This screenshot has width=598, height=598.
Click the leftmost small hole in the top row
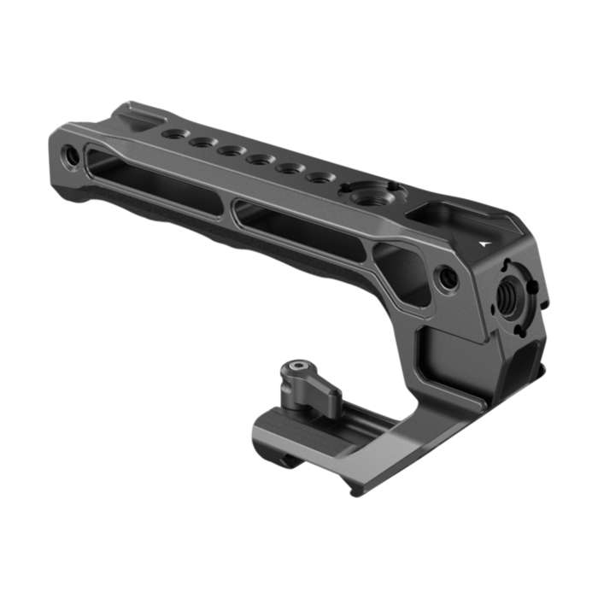pyautogui.click(x=174, y=133)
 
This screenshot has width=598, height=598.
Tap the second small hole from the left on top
pyautogui.click(x=202, y=142)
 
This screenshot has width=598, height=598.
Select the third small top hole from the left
pyautogui.click(x=230, y=150)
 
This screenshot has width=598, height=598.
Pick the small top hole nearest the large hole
pyautogui.click(x=320, y=178)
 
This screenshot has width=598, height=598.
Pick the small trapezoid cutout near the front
pyautogui.click(x=402, y=272)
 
